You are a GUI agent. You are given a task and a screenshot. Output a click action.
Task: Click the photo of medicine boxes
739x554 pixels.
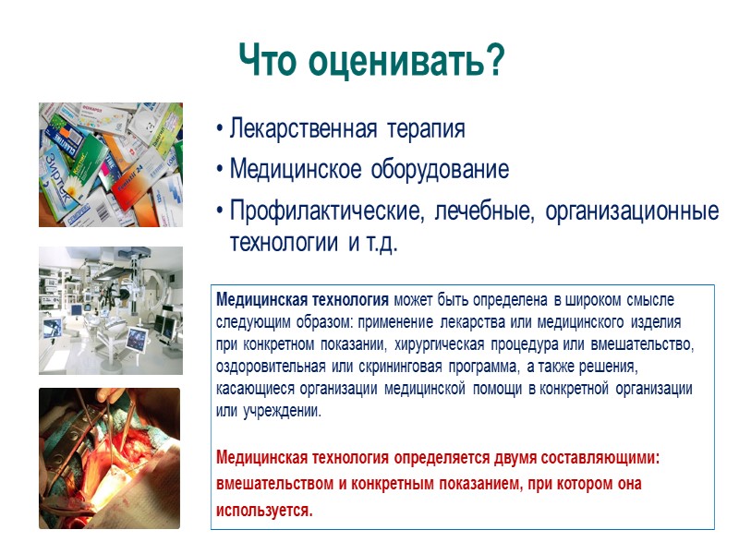pos(110,164)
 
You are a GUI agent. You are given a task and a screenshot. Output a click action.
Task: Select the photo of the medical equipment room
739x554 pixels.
pos(110,310)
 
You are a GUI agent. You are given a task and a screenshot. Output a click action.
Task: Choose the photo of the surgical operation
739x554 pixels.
pos(110,458)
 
